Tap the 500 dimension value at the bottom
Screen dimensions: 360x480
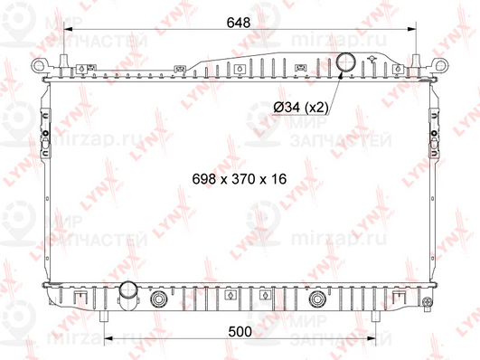[x=239, y=332]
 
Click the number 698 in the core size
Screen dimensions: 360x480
[x=205, y=179]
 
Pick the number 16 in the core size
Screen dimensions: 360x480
[x=277, y=179]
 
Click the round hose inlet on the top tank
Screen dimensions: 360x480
[x=345, y=62]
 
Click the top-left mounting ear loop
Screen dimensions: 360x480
[x=40, y=66]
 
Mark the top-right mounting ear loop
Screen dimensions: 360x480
[x=441, y=65]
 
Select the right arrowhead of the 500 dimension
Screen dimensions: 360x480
[x=370, y=342]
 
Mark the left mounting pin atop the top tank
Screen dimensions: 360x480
[x=65, y=57]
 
